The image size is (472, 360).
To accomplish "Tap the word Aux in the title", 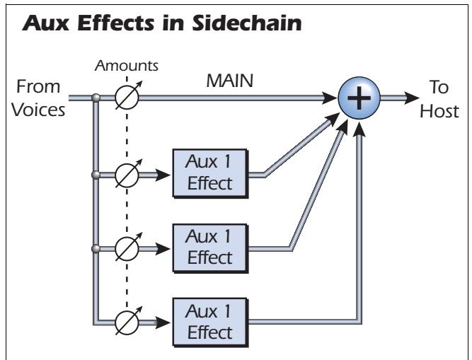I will pyautogui.click(x=42, y=23).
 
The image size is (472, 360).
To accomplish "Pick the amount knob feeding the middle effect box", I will pyautogui.click(x=128, y=248).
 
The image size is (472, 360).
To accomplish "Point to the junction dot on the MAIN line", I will pyautogui.click(x=94, y=99).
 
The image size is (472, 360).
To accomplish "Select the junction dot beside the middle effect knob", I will pyautogui.click(x=94, y=248).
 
